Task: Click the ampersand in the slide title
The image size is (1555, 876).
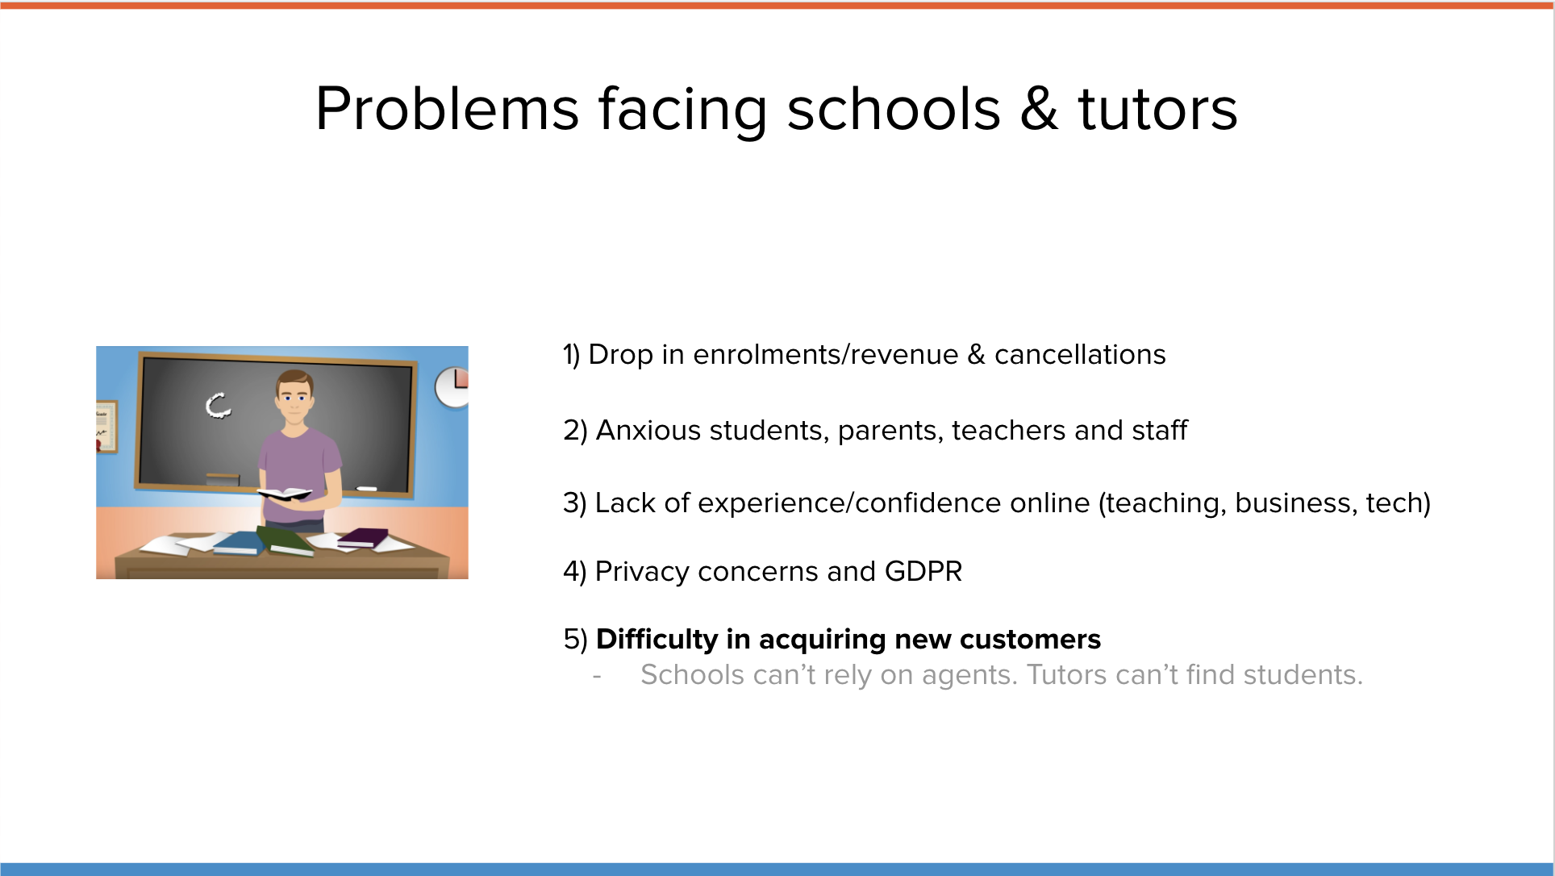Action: (1039, 109)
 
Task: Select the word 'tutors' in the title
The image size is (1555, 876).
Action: (1157, 110)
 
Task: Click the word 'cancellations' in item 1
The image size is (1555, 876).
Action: (1080, 355)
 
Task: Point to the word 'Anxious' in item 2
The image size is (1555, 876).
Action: (648, 431)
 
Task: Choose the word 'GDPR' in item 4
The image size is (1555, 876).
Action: (923, 572)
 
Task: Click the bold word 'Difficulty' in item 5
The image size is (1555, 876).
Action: (657, 640)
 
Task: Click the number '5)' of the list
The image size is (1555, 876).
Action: (576, 640)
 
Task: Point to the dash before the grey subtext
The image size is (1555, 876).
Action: (597, 676)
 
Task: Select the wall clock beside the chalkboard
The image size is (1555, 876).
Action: (452, 387)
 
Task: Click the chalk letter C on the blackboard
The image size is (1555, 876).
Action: (218, 405)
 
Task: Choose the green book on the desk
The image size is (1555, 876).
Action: (285, 541)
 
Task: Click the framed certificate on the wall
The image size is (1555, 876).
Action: (106, 426)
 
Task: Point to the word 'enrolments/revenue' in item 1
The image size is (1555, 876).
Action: (826, 355)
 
